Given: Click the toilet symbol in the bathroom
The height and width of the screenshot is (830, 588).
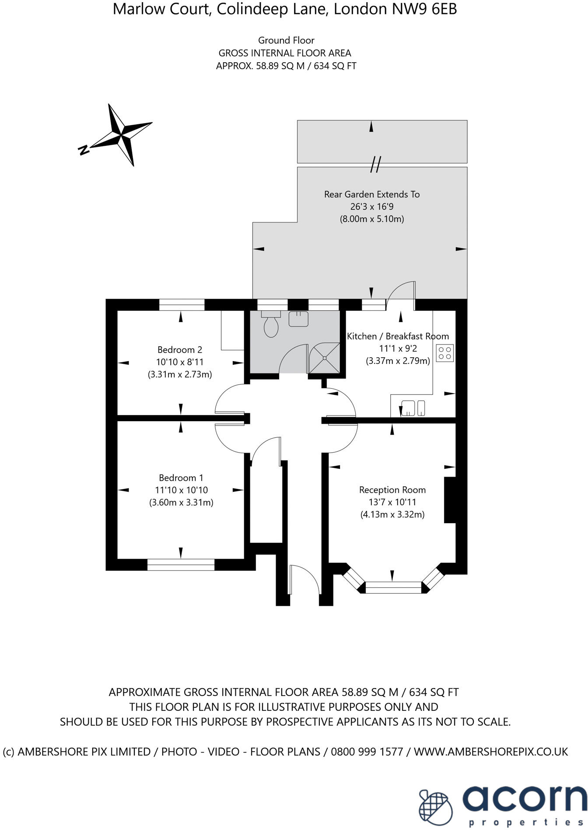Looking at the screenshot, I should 271,325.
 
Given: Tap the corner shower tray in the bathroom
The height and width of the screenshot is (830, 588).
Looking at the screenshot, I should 324,358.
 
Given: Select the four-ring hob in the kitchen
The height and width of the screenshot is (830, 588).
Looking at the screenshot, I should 445,353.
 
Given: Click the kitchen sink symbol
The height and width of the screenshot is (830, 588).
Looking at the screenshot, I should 409,408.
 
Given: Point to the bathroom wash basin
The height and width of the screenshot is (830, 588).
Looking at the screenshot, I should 298,319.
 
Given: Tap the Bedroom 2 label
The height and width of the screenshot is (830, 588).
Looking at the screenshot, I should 179,349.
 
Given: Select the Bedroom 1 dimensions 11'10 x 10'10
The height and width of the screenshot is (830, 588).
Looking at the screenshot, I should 181,490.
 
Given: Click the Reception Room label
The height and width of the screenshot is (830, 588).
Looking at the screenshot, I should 392,489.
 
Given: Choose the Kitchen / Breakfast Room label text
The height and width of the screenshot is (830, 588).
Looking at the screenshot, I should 398,336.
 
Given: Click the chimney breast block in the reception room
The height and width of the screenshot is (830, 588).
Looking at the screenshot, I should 450,499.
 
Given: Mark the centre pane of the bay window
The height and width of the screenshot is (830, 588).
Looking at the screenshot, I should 393,587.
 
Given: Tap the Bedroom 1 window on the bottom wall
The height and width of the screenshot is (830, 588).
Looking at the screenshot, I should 181,565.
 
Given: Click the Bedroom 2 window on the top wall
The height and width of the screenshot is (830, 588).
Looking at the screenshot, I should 182,304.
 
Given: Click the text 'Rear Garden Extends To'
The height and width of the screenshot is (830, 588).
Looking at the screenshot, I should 371,194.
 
